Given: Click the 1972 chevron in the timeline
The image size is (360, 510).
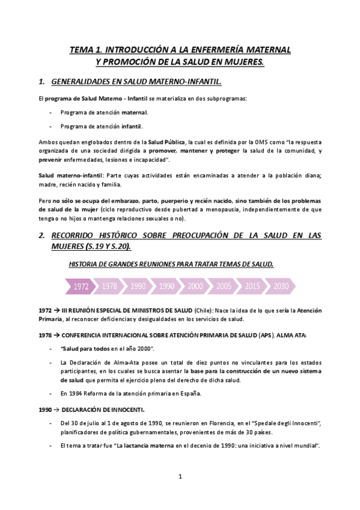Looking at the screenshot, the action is point(81,286).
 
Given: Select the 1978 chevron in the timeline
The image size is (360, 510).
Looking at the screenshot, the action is point(109,286).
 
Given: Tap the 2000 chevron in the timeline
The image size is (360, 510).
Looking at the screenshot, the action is point(195,286).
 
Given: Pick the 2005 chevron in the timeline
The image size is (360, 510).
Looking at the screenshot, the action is point(224,286).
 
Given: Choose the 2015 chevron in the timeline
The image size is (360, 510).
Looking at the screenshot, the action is point(252,286).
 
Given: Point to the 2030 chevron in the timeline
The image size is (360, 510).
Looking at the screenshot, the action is point(281,286).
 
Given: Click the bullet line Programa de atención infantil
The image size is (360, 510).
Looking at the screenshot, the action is point(102,126).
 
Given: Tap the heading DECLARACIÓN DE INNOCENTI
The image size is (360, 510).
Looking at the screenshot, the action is point(105,410).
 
